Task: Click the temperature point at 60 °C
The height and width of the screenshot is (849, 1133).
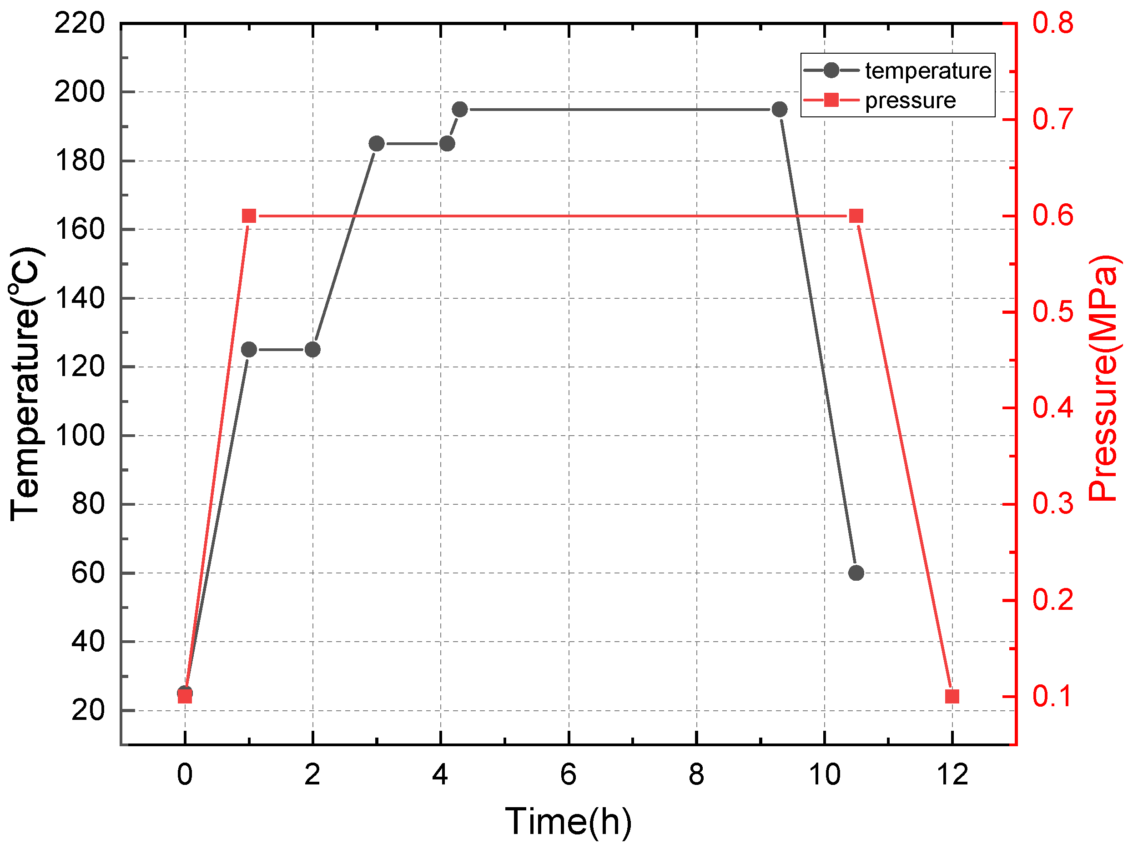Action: click(x=856, y=573)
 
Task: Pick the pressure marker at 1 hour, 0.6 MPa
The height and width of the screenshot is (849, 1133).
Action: click(x=249, y=216)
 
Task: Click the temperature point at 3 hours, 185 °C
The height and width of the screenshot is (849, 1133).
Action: click(x=377, y=144)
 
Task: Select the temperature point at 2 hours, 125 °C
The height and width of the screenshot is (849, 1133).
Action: click(x=312, y=350)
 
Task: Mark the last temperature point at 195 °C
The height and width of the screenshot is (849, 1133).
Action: click(x=780, y=110)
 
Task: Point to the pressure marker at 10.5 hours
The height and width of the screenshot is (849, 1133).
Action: click(x=856, y=216)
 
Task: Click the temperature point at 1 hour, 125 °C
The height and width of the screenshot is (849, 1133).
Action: click(x=249, y=350)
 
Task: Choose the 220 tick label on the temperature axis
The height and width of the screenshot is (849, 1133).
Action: click(x=80, y=24)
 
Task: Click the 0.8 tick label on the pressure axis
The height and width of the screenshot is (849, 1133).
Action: click(x=1052, y=24)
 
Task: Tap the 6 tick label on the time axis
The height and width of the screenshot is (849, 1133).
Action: click(x=568, y=774)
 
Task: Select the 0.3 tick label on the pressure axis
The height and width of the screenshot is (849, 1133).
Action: click(x=1052, y=504)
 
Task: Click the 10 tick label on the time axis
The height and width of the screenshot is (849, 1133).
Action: click(x=824, y=774)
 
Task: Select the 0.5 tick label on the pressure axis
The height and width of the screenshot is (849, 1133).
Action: click(x=1052, y=312)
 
